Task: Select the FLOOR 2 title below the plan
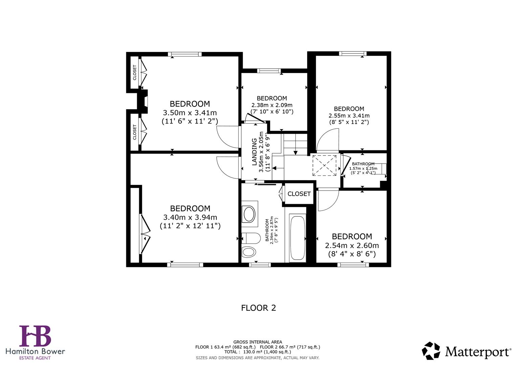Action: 258,308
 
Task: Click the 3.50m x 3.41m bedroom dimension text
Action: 190,113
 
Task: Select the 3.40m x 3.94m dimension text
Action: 190,217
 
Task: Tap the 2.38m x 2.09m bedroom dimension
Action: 272,105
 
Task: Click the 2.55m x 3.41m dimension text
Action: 349,116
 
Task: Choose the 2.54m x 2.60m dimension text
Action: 352,245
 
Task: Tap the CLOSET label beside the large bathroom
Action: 299,194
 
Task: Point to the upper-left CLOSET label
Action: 135,73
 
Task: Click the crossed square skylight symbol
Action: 324,166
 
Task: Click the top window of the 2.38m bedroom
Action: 269,71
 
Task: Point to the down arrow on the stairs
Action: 296,151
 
